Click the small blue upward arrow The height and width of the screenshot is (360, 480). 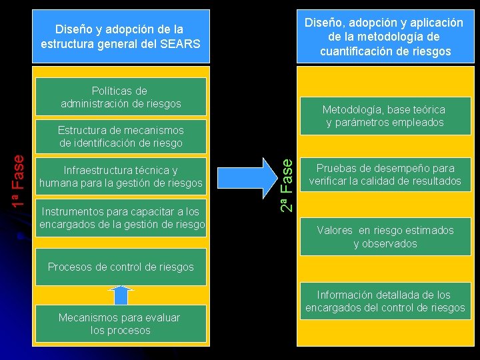click(121, 295)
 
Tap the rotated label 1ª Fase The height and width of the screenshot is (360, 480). click(21, 180)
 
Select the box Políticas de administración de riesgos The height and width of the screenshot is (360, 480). click(121, 97)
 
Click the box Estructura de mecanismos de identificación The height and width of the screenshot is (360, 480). click(121, 135)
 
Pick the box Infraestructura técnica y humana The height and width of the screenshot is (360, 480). click(121, 177)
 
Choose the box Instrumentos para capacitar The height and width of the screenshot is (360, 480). click(121, 218)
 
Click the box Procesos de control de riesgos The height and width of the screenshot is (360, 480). click(121, 267)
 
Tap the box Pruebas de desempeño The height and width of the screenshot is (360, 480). click(385, 175)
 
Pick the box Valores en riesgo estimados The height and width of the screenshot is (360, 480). click(385, 237)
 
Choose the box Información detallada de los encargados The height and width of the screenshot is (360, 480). click(385, 301)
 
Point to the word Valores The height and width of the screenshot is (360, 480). click(335, 231)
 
